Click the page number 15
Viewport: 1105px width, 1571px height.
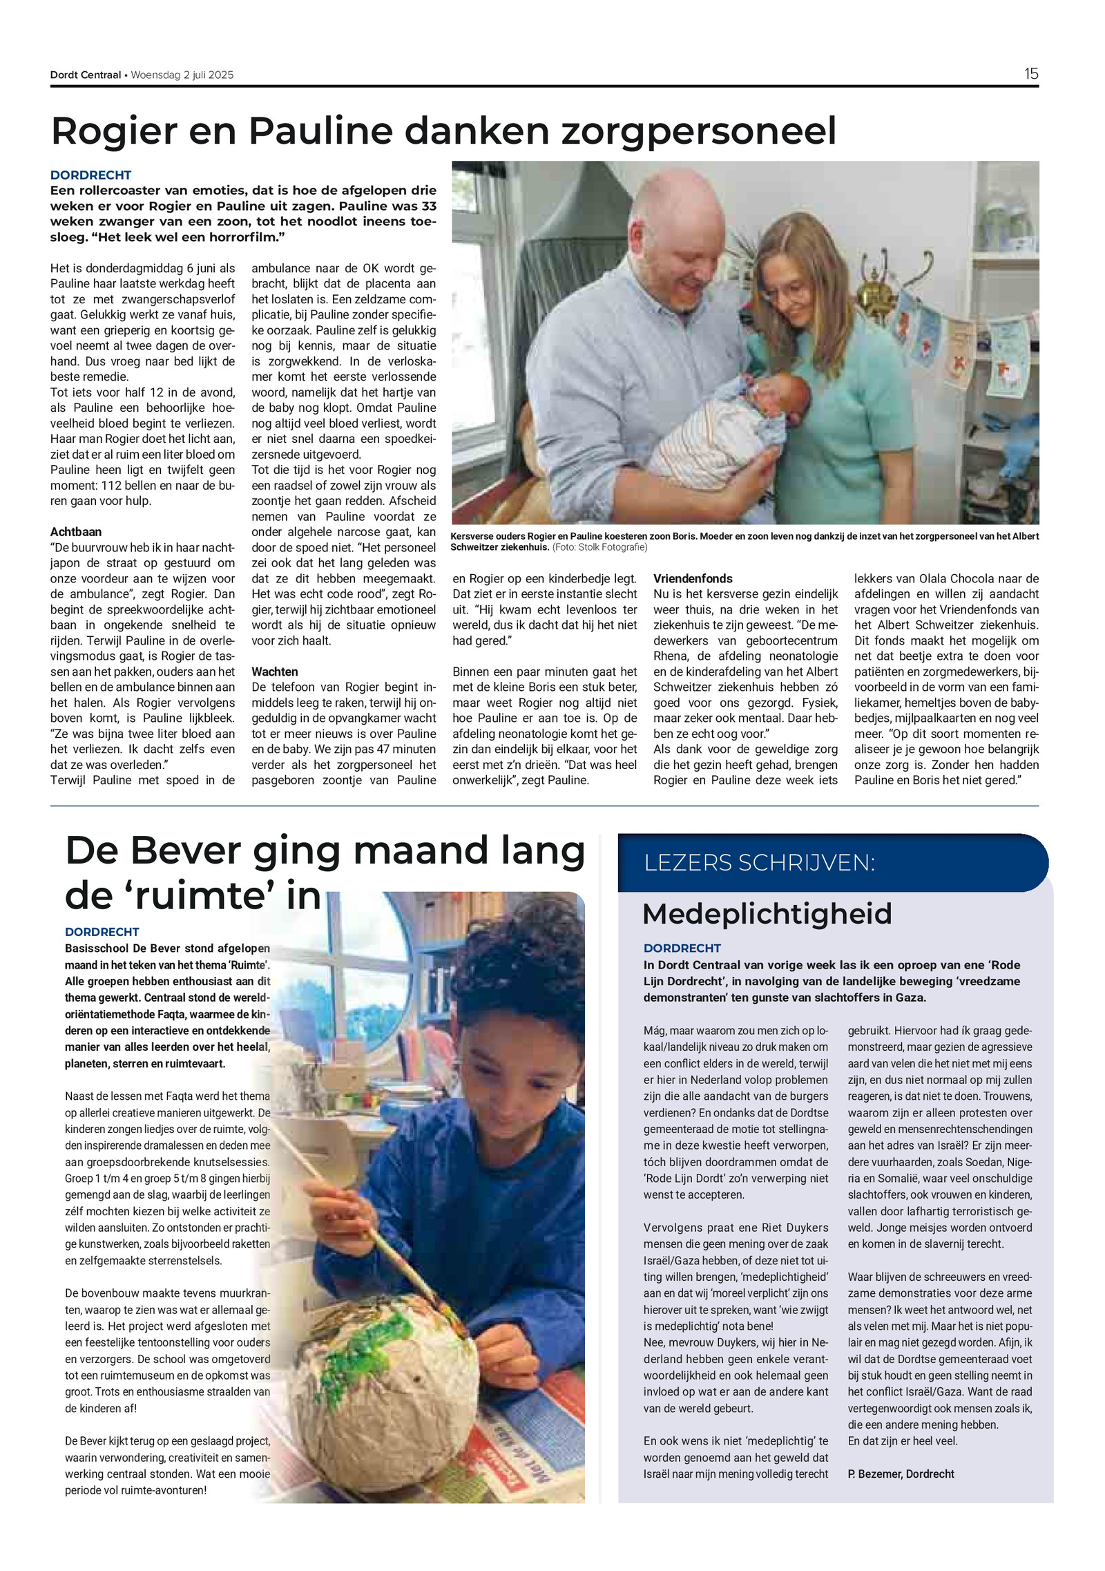point(1030,74)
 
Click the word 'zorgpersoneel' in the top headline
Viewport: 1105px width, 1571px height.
point(698,131)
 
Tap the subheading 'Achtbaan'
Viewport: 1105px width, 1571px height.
point(76,532)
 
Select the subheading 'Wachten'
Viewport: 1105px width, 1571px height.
point(275,672)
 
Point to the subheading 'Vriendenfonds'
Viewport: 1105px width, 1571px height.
point(693,578)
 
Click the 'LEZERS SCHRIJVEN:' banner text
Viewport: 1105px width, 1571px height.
point(759,863)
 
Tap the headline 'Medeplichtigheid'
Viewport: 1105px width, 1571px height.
point(767,913)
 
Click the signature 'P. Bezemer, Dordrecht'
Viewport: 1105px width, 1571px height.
point(901,1474)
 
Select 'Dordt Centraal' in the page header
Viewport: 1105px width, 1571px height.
point(86,75)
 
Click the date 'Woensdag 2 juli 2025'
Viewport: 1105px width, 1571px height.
point(182,75)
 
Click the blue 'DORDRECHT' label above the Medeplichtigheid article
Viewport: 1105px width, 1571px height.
point(682,948)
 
